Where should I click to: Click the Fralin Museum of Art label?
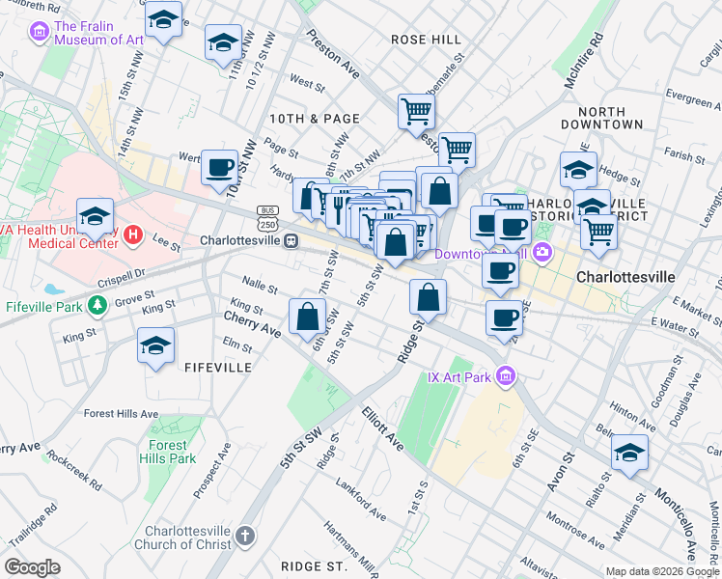click(x=98, y=32)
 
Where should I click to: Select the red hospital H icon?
click(x=134, y=234)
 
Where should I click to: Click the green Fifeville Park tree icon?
click(x=96, y=306)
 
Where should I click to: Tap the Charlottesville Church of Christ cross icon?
click(x=245, y=535)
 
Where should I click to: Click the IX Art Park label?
click(x=460, y=375)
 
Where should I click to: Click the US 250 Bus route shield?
click(x=267, y=217)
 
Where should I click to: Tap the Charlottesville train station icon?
click(x=290, y=241)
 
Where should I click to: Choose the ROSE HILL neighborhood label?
click(x=428, y=39)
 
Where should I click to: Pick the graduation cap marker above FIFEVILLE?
click(x=156, y=346)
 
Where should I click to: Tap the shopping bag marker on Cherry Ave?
click(x=307, y=316)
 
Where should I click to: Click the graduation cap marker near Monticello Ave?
click(x=629, y=454)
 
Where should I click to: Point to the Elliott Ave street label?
click(x=383, y=428)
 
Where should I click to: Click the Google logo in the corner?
click(x=32, y=567)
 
